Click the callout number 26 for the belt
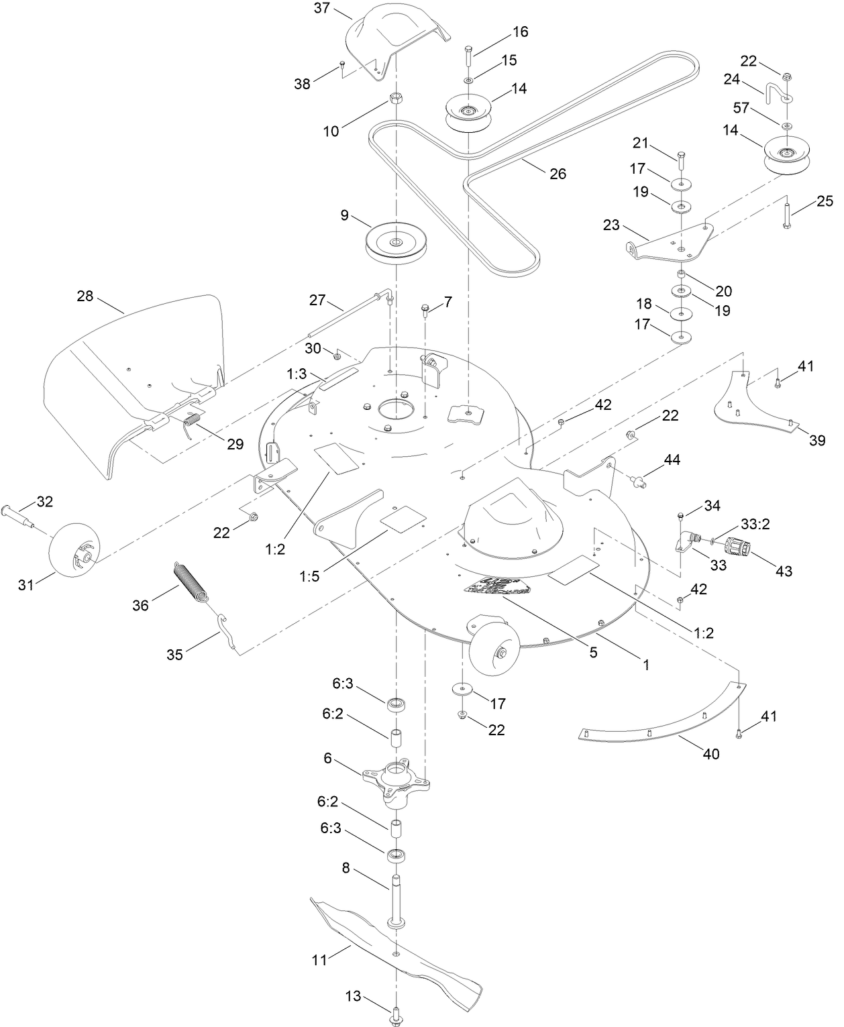click(x=558, y=174)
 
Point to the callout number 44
click(x=672, y=460)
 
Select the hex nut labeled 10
click(x=396, y=99)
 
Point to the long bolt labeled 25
click(x=786, y=215)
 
